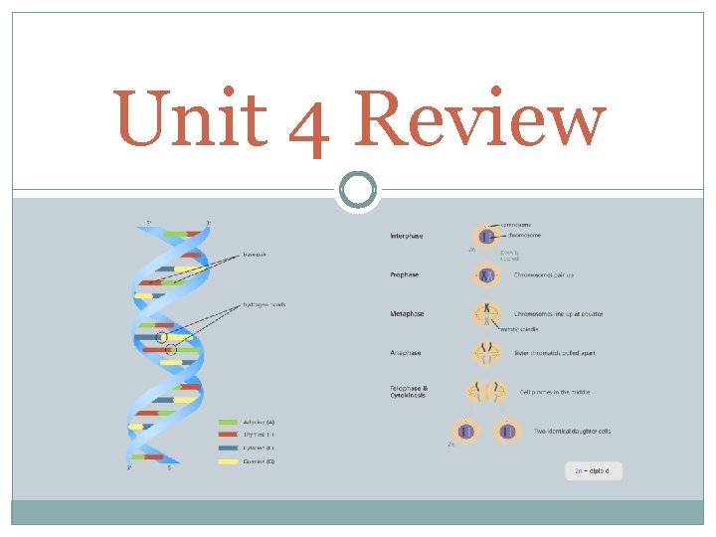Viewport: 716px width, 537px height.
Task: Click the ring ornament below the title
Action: click(x=358, y=190)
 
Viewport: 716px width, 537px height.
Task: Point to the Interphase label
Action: click(x=407, y=236)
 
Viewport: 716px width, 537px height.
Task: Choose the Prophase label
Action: click(x=405, y=274)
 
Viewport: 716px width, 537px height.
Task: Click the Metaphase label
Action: click(x=408, y=313)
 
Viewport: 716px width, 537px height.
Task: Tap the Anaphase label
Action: click(x=406, y=352)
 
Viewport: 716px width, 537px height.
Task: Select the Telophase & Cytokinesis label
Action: click(x=410, y=392)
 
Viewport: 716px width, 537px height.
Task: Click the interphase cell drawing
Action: click(x=487, y=238)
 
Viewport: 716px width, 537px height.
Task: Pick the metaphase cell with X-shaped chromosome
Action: click(x=487, y=314)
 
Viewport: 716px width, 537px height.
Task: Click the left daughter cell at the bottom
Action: click(x=467, y=431)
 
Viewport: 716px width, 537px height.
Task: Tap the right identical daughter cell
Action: click(x=508, y=431)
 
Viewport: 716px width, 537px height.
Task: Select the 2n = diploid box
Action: click(x=593, y=470)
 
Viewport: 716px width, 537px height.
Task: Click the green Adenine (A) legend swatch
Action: click(x=228, y=423)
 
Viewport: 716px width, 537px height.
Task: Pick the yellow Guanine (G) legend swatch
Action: click(x=228, y=460)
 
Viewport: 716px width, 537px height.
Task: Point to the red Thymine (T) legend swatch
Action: click(x=228, y=435)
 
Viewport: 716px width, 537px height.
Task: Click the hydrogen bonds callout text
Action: click(x=264, y=303)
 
